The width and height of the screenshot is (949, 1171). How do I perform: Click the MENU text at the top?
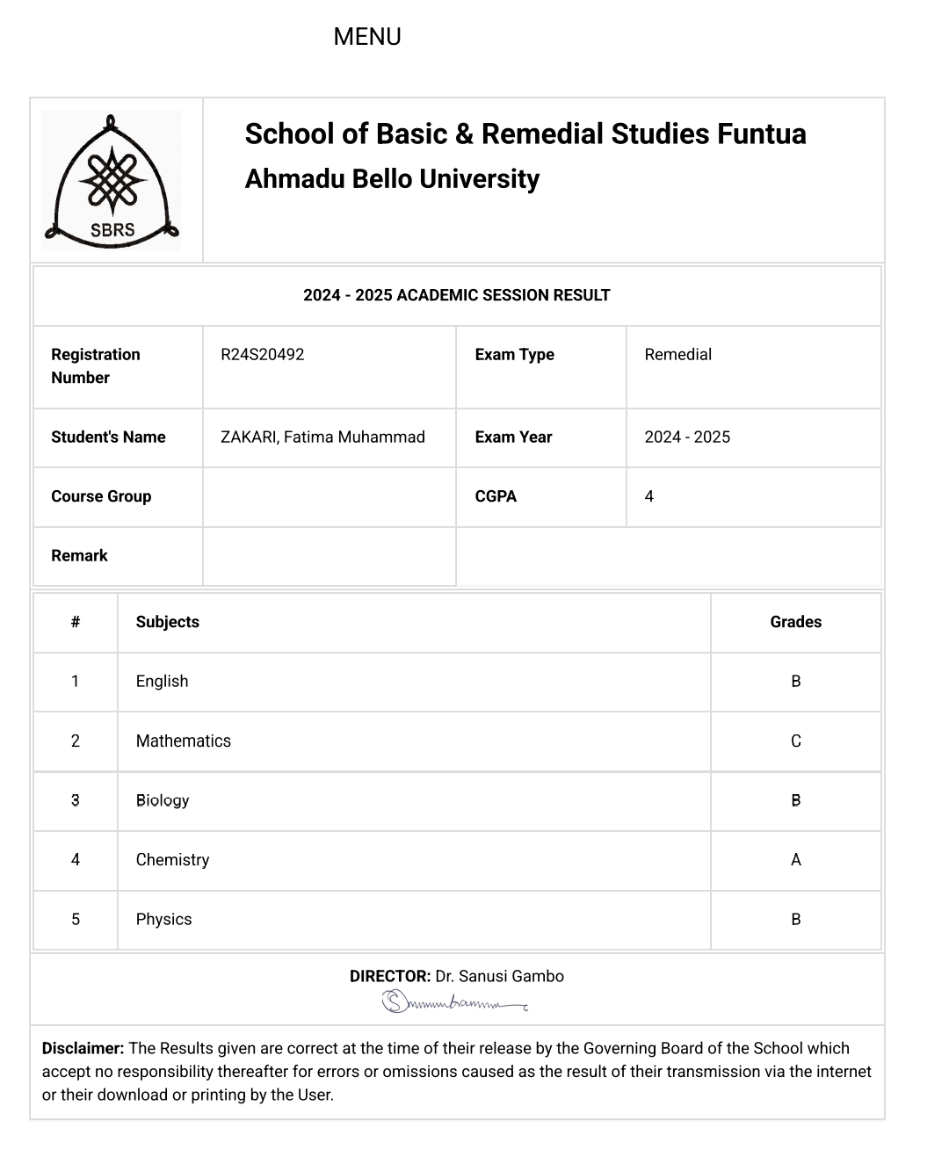coord(367,37)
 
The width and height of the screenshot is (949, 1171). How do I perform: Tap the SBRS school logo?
coord(112,180)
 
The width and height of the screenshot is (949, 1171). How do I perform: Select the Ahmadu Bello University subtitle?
coord(392,179)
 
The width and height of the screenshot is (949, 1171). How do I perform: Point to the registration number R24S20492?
coord(262,355)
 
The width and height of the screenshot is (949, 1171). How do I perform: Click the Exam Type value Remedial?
coord(677,355)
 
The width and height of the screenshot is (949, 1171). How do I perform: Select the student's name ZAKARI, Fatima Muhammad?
coord(322,437)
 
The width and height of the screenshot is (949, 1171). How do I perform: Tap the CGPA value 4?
coord(649,496)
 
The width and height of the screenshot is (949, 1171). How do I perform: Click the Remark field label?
coord(79,556)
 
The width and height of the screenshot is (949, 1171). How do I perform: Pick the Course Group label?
coord(101,496)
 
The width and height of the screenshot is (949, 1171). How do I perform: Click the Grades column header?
coord(795,622)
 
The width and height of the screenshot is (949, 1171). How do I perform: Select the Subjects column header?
coord(167,622)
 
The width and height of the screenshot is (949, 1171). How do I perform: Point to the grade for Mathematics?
coord(795,741)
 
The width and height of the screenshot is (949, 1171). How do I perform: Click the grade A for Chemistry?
coord(795,860)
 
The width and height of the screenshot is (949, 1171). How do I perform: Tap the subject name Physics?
coord(163,920)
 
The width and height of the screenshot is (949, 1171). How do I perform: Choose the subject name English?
coord(162,682)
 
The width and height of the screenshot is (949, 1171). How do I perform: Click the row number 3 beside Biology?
coord(76,800)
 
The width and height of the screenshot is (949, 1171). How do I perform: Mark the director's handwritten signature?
coord(454,1001)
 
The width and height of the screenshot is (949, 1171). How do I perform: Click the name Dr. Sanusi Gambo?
coord(499,976)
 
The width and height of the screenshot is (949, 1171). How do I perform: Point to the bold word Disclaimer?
coord(83,1048)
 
